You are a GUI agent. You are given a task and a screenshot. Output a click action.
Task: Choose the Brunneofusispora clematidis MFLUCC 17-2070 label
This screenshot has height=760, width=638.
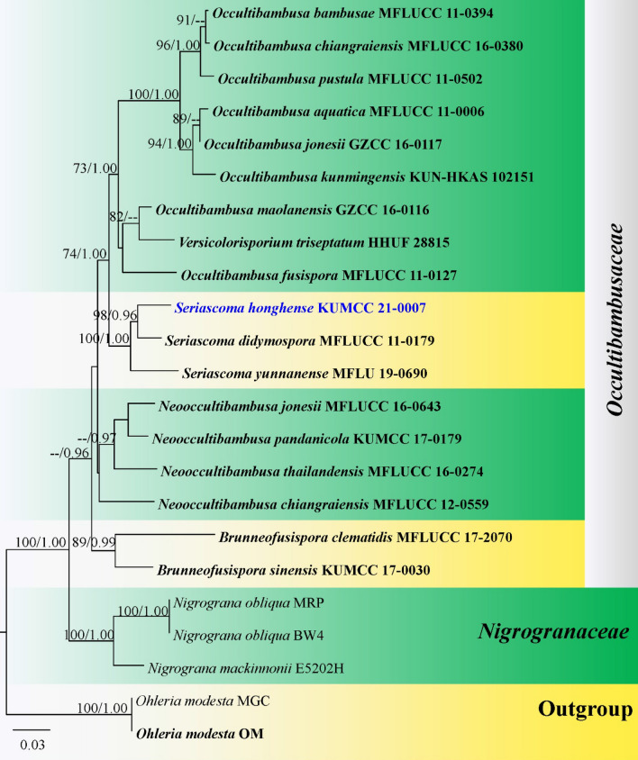point(365,538)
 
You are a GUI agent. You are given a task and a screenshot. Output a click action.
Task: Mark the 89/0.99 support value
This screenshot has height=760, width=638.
point(91,540)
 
